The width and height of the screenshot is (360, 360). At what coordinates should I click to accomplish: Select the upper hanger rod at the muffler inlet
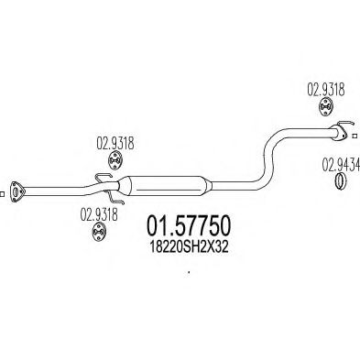(111, 177)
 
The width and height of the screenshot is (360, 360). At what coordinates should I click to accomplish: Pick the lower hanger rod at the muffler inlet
(113, 196)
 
